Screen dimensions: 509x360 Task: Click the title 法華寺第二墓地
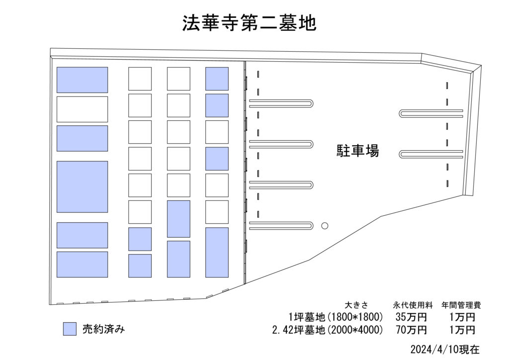pos(249,23)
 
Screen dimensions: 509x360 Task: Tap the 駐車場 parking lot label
pos(357,151)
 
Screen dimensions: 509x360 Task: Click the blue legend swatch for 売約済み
pos(70,329)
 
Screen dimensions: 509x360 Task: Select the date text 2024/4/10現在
pos(445,349)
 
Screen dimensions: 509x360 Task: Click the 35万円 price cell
pos(411,317)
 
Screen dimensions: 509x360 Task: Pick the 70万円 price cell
pos(411,330)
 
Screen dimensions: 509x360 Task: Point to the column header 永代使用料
pos(413,305)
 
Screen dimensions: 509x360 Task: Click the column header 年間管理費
pos(461,305)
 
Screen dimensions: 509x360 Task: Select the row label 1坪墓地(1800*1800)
pos(336,317)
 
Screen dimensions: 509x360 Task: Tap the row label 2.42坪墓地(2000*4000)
pos(328,330)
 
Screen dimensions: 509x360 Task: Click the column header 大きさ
pos(356,305)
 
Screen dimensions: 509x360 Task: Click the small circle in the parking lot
pos(325,226)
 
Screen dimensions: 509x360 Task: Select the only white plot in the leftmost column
pos(82,109)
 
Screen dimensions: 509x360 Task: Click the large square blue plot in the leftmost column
pos(82,186)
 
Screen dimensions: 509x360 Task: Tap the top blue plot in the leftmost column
pos(82,80)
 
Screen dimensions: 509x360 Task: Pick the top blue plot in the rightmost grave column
pos(217,79)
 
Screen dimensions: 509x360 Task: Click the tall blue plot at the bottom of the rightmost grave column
pos(217,252)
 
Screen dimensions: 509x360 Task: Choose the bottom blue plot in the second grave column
pos(140,266)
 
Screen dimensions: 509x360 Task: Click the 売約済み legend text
pos(103,329)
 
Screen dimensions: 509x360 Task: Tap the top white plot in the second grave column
pos(140,79)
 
